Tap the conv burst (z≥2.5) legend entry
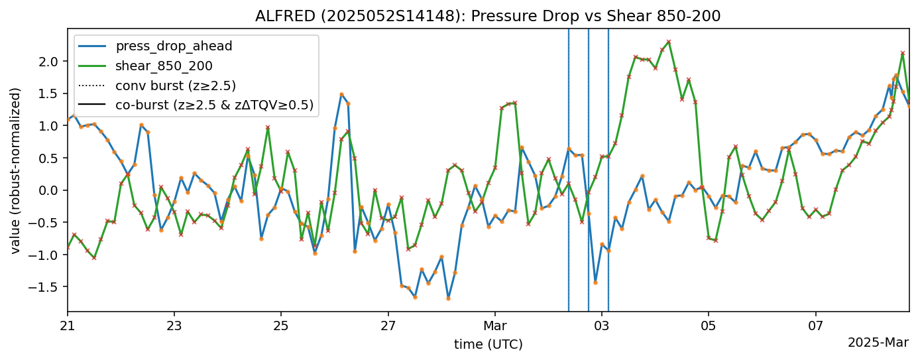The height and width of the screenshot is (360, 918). (176, 85)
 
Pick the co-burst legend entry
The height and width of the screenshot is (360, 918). (214, 105)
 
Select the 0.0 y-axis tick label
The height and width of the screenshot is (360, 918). (52, 190)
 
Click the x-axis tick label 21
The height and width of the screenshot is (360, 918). (68, 326)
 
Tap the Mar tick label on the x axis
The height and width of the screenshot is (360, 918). (495, 326)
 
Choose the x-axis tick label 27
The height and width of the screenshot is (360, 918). (388, 326)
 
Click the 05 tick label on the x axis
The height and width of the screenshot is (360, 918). (709, 326)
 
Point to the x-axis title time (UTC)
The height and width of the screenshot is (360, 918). (488, 344)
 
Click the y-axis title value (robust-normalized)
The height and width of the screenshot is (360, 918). (15, 170)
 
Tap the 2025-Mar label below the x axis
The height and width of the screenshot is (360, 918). (878, 343)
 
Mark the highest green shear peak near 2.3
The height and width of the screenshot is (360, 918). (669, 42)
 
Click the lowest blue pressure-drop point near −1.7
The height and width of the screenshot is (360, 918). (448, 298)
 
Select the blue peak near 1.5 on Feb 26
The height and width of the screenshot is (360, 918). (341, 94)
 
